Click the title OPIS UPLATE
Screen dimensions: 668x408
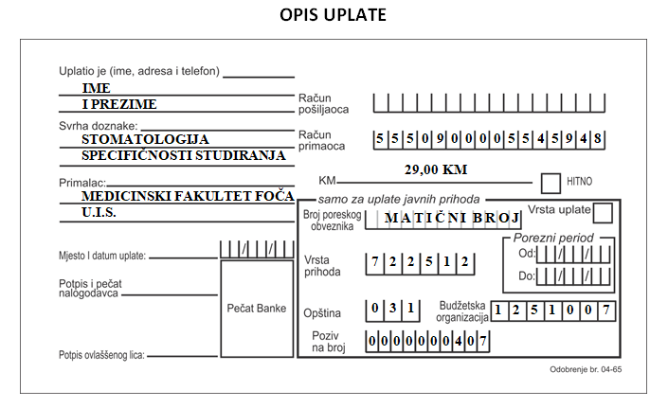click(333, 15)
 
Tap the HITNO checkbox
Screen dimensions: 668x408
click(551, 183)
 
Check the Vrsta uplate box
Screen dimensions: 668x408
click(603, 213)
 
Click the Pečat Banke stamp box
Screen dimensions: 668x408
click(257, 309)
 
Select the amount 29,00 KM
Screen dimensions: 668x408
click(436, 169)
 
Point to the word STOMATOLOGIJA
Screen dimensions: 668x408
click(145, 139)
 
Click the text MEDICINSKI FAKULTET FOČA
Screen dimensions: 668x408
click(188, 196)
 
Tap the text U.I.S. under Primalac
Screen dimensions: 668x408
click(99, 212)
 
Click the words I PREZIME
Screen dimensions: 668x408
click(119, 104)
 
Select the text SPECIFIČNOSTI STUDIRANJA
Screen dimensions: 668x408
click(183, 155)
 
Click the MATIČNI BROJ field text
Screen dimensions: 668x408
click(452, 218)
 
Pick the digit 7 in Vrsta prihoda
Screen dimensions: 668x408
click(375, 261)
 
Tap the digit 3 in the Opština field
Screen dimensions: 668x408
click(393, 307)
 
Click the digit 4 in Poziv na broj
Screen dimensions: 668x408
click(459, 341)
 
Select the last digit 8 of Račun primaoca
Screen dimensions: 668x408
click(598, 138)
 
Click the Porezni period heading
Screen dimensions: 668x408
click(553, 238)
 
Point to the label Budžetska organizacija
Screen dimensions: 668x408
click(461, 311)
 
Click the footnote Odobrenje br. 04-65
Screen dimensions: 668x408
click(586, 369)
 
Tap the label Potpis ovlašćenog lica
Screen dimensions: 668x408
click(101, 355)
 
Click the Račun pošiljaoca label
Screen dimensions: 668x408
click(323, 104)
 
